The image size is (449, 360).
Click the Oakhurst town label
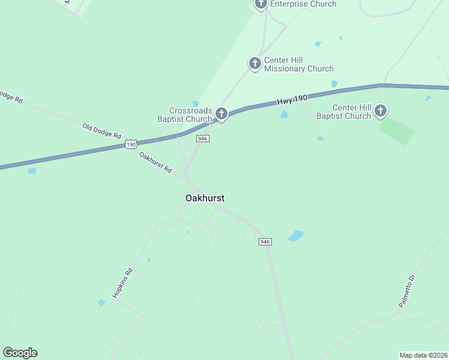click(x=205, y=198)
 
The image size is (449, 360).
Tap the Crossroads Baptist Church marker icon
click(x=221, y=113)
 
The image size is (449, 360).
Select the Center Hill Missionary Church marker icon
click(x=255, y=63)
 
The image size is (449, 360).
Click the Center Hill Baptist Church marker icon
click(x=381, y=110)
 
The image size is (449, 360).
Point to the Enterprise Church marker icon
click(x=261, y=4)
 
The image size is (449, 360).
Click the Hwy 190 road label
click(x=292, y=100)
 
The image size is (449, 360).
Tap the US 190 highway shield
click(x=131, y=145)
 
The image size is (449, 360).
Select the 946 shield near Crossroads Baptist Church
click(x=202, y=139)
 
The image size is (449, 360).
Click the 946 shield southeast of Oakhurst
click(x=265, y=242)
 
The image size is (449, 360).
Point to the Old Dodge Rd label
click(x=102, y=130)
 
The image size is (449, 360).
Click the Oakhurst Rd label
click(x=155, y=163)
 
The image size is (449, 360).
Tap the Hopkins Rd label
click(x=122, y=283)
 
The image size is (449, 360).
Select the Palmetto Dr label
click(x=407, y=291)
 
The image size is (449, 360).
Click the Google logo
click(x=20, y=353)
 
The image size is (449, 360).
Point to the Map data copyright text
click(x=423, y=355)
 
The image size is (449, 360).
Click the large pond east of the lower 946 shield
click(x=295, y=236)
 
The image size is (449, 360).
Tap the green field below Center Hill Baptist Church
click(x=397, y=131)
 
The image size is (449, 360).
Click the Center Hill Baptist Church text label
click(x=343, y=112)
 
